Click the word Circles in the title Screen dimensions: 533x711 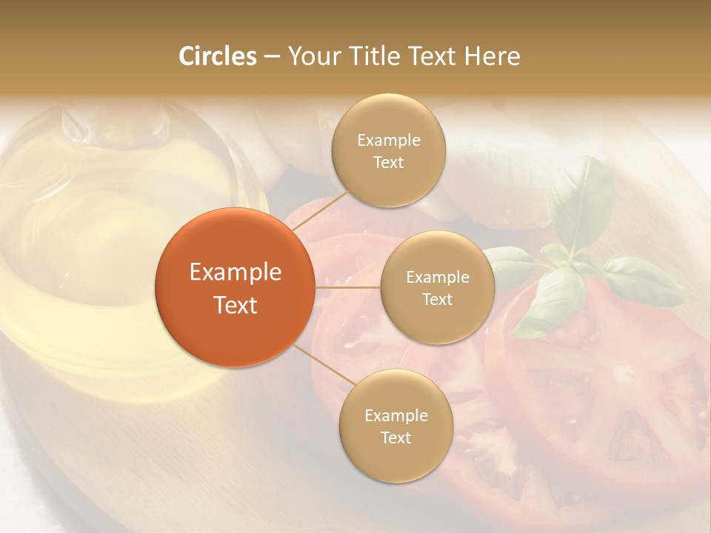tap(217, 56)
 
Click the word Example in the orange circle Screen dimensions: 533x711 tap(236, 272)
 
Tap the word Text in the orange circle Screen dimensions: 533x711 tap(236, 305)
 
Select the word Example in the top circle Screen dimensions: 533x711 tap(388, 141)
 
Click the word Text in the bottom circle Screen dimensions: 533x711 tap(395, 438)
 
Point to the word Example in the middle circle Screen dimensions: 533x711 tap(437, 278)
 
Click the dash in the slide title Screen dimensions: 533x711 tap(271, 56)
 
